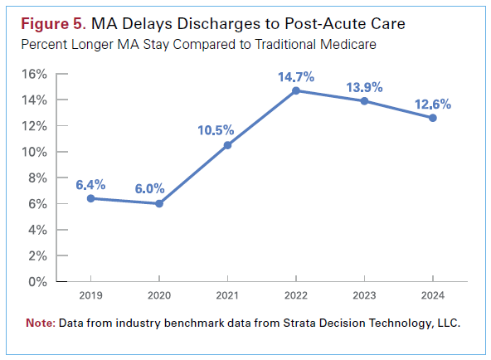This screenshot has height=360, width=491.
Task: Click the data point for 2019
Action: click(x=90, y=198)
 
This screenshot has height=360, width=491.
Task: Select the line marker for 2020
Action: click(x=159, y=203)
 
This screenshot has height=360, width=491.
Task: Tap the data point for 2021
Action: click(x=228, y=145)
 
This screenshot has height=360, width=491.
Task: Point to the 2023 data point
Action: click(x=365, y=101)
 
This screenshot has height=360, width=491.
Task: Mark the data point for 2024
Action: click(x=433, y=118)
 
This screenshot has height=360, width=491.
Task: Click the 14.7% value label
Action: click(x=296, y=76)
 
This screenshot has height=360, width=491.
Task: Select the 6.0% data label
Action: click(x=151, y=188)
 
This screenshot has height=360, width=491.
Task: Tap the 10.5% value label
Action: click(x=216, y=130)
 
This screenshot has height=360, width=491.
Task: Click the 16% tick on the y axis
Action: click(x=34, y=74)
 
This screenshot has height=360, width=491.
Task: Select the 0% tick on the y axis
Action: click(x=37, y=281)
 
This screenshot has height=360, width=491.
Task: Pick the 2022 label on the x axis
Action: click(x=297, y=295)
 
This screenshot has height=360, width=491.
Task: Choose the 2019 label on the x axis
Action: click(x=90, y=295)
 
